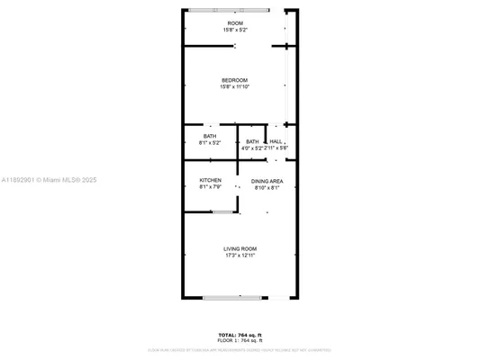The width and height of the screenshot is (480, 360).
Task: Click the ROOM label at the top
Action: pyautogui.click(x=235, y=23)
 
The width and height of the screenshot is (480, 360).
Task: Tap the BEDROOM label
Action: pyautogui.click(x=234, y=80)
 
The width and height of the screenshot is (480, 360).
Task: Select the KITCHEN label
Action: pyautogui.click(x=210, y=180)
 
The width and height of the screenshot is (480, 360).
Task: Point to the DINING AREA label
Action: pyautogui.click(x=267, y=181)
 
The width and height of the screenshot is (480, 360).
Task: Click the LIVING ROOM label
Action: pyautogui.click(x=240, y=248)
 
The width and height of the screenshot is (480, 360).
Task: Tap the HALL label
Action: pyautogui.click(x=276, y=141)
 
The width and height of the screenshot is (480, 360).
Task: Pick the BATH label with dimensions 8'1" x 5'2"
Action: pyautogui.click(x=210, y=136)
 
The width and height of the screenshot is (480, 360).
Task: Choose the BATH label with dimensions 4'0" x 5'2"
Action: pyautogui.click(x=252, y=141)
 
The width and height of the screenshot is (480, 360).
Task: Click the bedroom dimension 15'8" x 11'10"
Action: pyautogui.click(x=234, y=86)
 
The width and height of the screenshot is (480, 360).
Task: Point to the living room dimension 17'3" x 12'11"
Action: pyautogui.click(x=240, y=255)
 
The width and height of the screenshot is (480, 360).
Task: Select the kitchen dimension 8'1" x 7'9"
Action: pyautogui.click(x=210, y=186)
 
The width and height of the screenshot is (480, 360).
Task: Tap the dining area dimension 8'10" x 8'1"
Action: pyautogui.click(x=267, y=187)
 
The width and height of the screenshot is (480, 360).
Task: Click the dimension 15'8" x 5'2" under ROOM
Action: pyautogui.click(x=235, y=30)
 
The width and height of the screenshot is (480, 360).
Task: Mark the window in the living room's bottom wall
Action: pyautogui.click(x=232, y=297)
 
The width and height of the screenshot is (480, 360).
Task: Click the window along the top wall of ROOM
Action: pyautogui.click(x=228, y=10)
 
